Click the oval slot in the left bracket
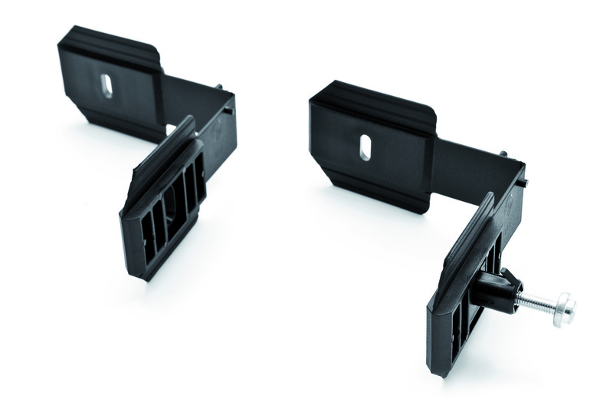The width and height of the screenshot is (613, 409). point(107,84)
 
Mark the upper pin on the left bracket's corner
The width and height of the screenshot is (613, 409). point(220,87)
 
